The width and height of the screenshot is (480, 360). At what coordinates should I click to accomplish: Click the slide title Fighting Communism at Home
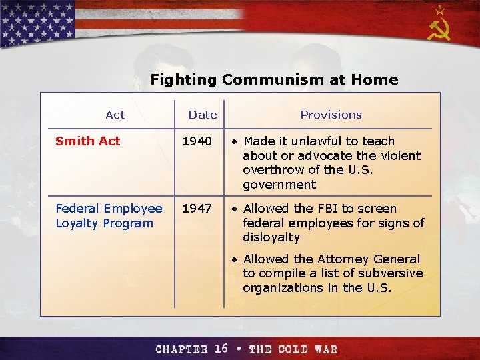click(274, 80)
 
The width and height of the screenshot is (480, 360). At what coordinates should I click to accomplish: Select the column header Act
click(115, 115)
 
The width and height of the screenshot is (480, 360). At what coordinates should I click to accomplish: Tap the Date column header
click(203, 115)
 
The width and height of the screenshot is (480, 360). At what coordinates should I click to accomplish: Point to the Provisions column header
click(331, 115)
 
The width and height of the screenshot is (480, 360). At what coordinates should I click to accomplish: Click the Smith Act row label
click(87, 141)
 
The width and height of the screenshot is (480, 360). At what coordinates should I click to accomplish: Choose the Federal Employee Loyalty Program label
click(109, 216)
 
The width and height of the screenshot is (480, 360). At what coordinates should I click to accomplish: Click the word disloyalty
click(271, 237)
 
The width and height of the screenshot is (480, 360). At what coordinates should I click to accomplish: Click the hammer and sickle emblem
click(439, 30)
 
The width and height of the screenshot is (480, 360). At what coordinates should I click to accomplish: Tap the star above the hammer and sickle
click(439, 10)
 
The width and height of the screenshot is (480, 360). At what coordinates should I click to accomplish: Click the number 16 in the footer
click(221, 349)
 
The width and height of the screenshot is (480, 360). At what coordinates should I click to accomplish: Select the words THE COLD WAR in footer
click(293, 349)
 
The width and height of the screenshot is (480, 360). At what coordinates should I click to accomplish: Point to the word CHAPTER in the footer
click(182, 349)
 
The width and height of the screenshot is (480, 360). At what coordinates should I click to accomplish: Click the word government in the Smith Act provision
click(279, 185)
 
